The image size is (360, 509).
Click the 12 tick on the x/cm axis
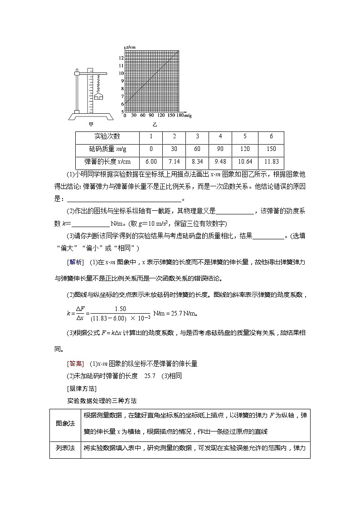tap(121, 58)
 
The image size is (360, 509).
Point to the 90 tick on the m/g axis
tap(150, 116)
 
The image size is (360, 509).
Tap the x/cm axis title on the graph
tap(131, 47)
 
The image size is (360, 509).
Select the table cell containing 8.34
tap(197, 162)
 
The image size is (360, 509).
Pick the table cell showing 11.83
tap(271, 162)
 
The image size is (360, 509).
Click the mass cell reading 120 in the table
tap(245, 149)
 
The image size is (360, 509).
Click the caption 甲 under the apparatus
tap(91, 124)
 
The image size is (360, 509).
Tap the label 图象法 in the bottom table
tap(65, 423)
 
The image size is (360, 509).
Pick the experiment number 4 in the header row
tap(220, 136)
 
